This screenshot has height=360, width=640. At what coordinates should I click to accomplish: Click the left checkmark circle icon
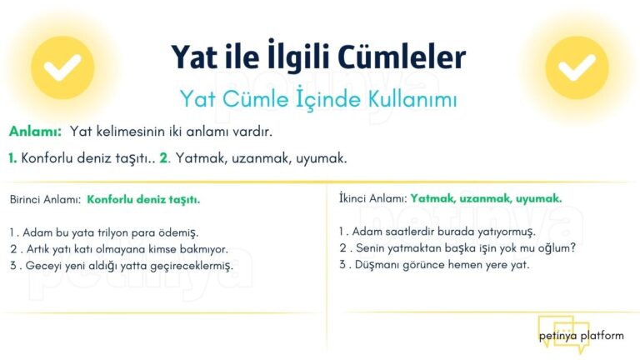tap(62, 67)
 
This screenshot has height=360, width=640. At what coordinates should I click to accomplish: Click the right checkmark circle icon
tap(577, 67)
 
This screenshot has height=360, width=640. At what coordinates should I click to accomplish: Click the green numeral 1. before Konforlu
tap(12, 157)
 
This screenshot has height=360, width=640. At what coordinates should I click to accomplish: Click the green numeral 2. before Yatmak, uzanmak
tap(164, 157)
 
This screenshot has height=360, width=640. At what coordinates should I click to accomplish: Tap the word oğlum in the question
tap(554, 247)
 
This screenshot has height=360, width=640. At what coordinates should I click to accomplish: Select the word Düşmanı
tap(377, 264)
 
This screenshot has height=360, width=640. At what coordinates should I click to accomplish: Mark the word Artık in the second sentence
tap(38, 249)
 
